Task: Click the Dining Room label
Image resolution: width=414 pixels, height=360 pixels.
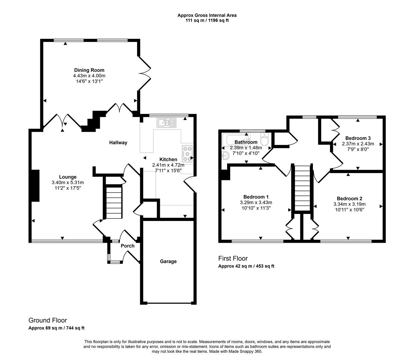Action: pyautogui.click(x=89, y=70)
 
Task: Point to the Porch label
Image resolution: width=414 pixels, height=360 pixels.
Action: pyautogui.click(x=127, y=246)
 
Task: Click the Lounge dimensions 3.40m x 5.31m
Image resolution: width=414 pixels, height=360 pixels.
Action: pyautogui.click(x=68, y=182)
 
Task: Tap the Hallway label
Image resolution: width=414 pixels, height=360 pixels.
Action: pyautogui.click(x=118, y=143)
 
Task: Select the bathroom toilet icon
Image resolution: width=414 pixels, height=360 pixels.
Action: pyautogui.click(x=264, y=140)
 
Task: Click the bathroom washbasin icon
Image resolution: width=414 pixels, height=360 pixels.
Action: pyautogui.click(x=226, y=155)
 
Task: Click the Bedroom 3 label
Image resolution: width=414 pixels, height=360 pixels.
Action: pyautogui.click(x=358, y=138)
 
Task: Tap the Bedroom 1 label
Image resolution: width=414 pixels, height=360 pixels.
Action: pyautogui.click(x=256, y=197)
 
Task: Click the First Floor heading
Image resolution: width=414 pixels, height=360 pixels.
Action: pyautogui.click(x=233, y=258)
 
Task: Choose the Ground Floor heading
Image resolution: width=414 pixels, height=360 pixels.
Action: pyautogui.click(x=48, y=320)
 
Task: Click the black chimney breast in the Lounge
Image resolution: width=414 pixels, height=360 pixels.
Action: pyautogui.click(x=35, y=185)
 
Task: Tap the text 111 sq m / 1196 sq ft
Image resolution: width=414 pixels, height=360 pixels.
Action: pyautogui.click(x=207, y=20)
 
